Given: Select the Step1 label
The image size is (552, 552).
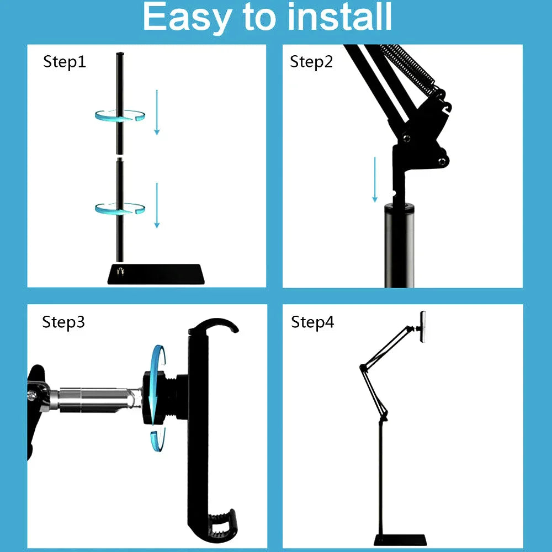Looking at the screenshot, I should point(65,62).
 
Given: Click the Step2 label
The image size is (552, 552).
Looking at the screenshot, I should point(311,62).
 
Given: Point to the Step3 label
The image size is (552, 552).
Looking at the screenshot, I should point(63,322).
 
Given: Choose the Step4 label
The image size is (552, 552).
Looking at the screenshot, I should point(312,322).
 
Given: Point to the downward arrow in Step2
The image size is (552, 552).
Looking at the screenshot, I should point(375,179).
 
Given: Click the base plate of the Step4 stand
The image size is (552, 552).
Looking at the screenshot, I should point(400,539).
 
